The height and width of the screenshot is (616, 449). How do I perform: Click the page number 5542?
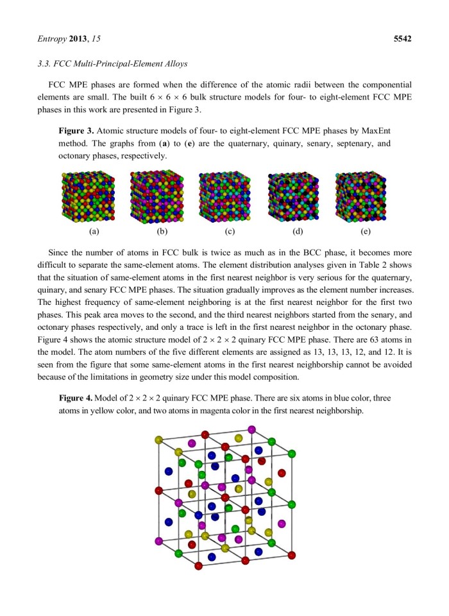[402, 38]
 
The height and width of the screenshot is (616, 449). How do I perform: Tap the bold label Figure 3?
[76, 130]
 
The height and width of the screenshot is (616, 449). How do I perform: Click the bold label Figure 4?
[76, 398]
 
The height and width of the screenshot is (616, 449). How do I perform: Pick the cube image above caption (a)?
[88, 196]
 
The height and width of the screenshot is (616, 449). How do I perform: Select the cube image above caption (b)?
[157, 196]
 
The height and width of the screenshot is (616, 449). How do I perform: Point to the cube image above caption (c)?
[225, 196]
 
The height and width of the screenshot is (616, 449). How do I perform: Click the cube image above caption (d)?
[294, 196]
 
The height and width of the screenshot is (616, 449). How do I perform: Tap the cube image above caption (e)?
[362, 196]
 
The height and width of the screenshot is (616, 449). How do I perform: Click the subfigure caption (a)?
[94, 232]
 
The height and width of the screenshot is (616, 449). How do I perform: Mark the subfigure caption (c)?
[230, 232]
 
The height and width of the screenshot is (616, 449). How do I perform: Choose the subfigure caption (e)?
[366, 232]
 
